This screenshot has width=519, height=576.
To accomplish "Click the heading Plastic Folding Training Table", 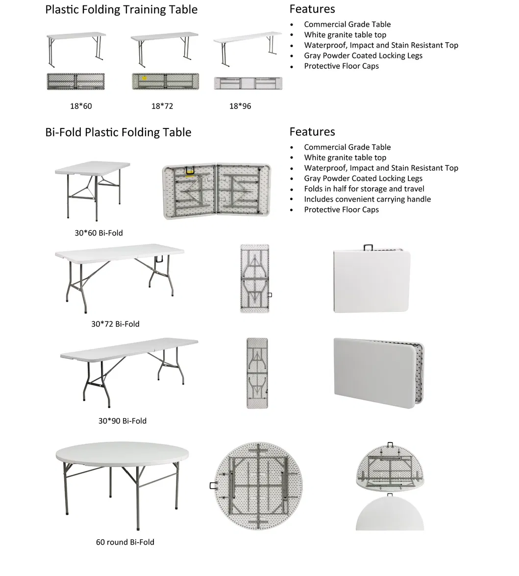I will pyautogui.click(x=121, y=10).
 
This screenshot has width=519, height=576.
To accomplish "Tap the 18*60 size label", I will pyautogui.click(x=81, y=106).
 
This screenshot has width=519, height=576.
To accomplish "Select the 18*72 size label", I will pyautogui.click(x=162, y=106).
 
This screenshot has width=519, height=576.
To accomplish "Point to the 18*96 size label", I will pyautogui.click(x=240, y=106).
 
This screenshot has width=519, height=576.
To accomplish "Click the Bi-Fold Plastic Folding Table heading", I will pyautogui.click(x=118, y=132).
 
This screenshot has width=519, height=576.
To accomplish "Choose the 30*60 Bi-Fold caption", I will pyautogui.click(x=99, y=233).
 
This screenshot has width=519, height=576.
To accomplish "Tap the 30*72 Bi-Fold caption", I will pyautogui.click(x=115, y=324).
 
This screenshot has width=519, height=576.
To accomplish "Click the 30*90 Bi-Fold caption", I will pyautogui.click(x=122, y=420).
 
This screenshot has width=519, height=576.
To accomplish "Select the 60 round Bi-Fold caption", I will pyautogui.click(x=125, y=542).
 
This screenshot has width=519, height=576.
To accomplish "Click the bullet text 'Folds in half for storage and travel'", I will pyautogui.click(x=364, y=189).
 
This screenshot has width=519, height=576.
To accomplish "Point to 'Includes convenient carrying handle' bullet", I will pyautogui.click(x=367, y=199).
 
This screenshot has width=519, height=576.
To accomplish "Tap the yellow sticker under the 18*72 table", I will pyautogui.click(x=145, y=78).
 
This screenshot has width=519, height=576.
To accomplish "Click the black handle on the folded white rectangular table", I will pyautogui.click(x=368, y=247).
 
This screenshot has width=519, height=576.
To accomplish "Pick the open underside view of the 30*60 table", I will pyautogui.click(x=217, y=191).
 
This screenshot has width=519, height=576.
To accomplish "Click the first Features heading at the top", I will pyautogui.click(x=312, y=9).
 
